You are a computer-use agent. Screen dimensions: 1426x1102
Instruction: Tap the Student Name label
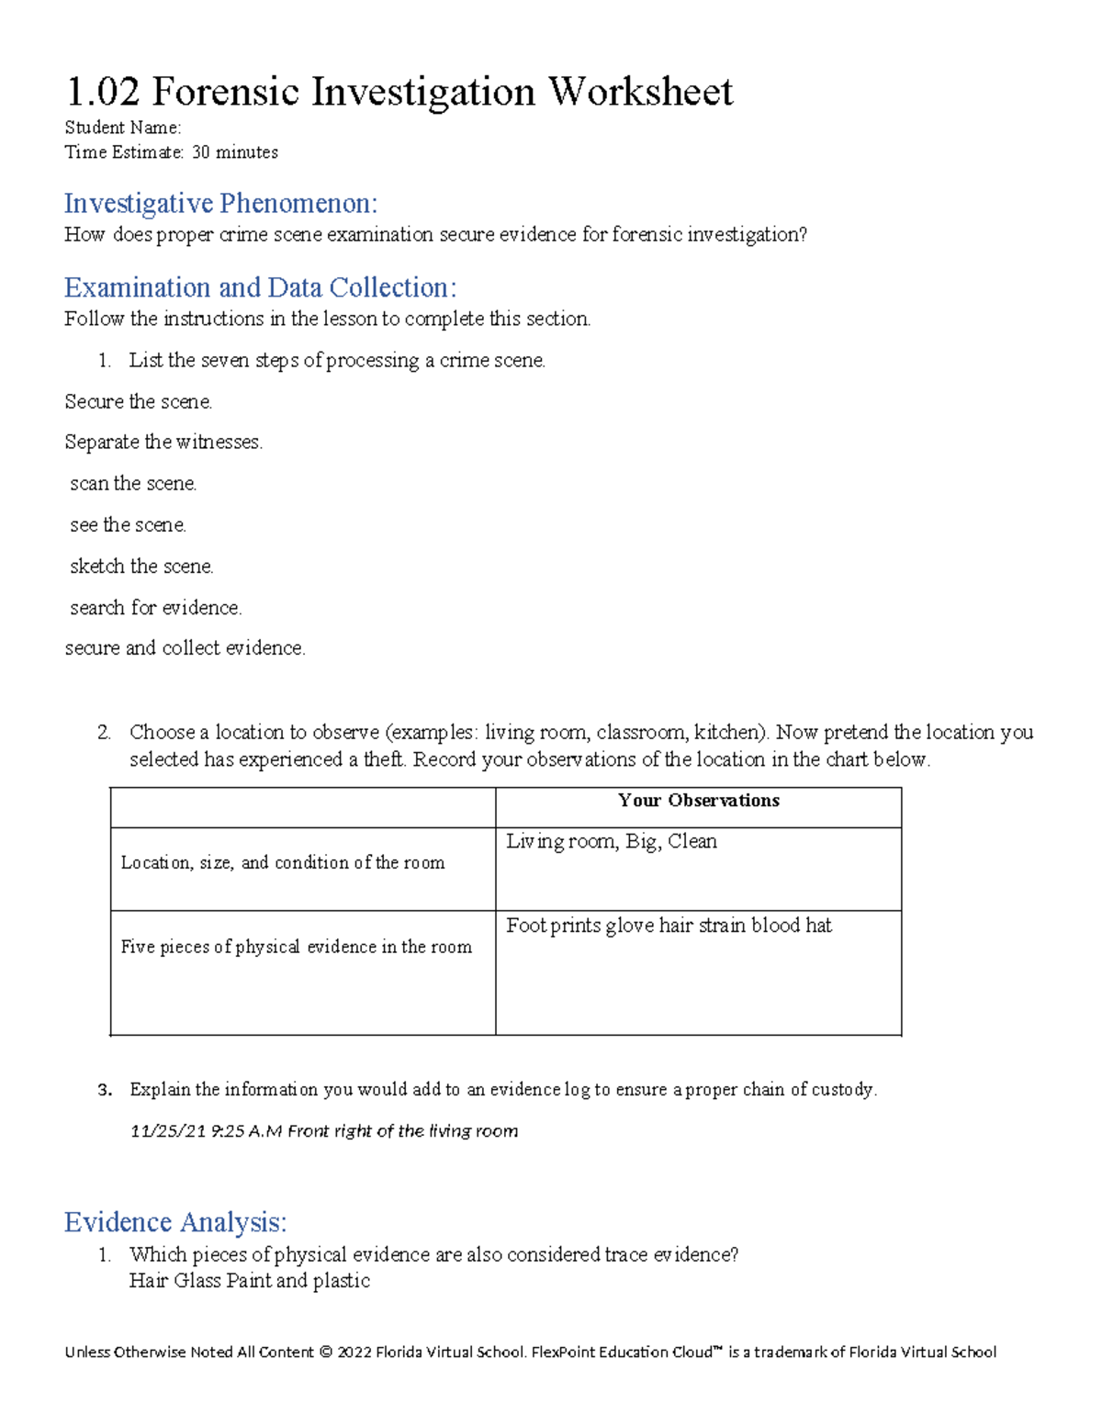122,128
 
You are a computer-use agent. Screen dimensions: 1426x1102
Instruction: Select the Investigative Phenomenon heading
220,203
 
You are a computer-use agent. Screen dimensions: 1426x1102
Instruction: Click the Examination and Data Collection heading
260,287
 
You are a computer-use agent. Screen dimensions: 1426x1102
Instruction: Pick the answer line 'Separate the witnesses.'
163,443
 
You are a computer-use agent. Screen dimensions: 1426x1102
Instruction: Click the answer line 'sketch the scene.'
141,567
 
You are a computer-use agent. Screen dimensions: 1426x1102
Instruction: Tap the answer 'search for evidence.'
155,608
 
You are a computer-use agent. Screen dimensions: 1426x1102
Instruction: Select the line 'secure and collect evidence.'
185,648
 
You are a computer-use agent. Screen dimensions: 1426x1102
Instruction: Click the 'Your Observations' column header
698,801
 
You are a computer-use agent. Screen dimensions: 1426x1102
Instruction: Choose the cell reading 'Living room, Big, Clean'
611,842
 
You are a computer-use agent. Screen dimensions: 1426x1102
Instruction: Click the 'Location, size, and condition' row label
283,863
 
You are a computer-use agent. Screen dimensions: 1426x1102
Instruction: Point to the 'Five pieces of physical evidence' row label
296,948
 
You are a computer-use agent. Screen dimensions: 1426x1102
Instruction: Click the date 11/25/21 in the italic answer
167,1131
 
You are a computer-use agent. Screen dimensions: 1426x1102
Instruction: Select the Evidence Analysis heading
175,1222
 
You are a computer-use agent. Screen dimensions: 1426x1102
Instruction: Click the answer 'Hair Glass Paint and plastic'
250,1281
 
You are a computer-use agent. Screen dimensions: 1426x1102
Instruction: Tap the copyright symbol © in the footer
325,1353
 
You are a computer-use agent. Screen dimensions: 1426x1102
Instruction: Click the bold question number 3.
104,1090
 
